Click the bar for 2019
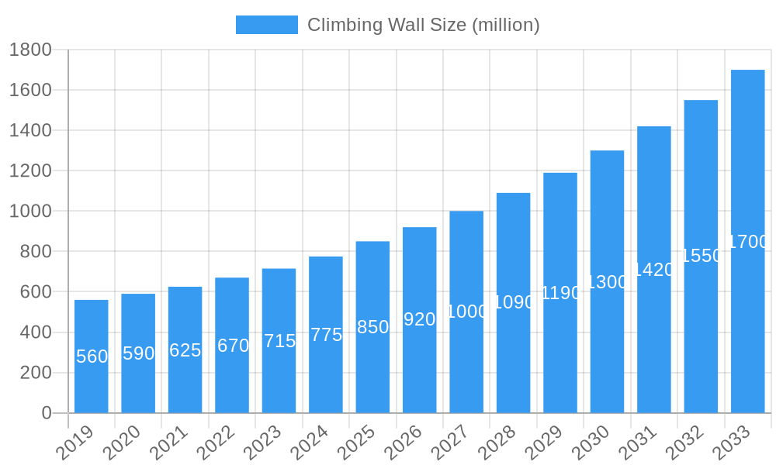[x=92, y=387]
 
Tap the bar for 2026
[x=419, y=364]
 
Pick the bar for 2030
[x=607, y=349]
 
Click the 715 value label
[x=279, y=341]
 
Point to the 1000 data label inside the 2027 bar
[x=467, y=312]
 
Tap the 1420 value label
[x=654, y=270]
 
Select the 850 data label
[x=372, y=327]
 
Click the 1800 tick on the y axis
[x=30, y=50]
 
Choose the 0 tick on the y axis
[x=47, y=413]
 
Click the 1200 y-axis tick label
[x=30, y=170]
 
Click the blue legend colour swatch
[x=266, y=25]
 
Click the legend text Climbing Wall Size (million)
[x=423, y=25]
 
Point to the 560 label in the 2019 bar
[x=92, y=356]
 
